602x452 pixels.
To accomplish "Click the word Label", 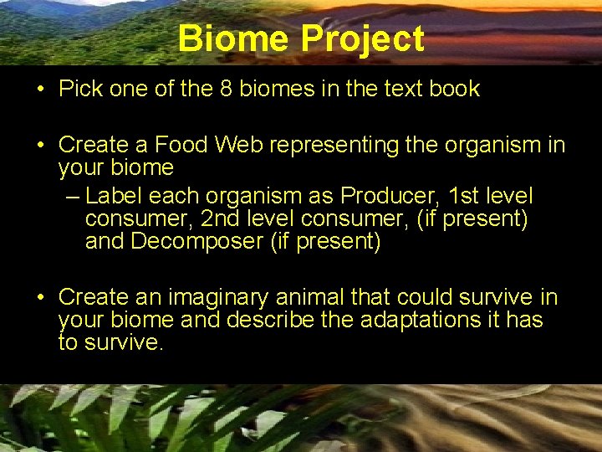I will pyautogui.click(x=112, y=196).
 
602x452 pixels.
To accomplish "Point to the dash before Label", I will pyautogui.click(x=72, y=197).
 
